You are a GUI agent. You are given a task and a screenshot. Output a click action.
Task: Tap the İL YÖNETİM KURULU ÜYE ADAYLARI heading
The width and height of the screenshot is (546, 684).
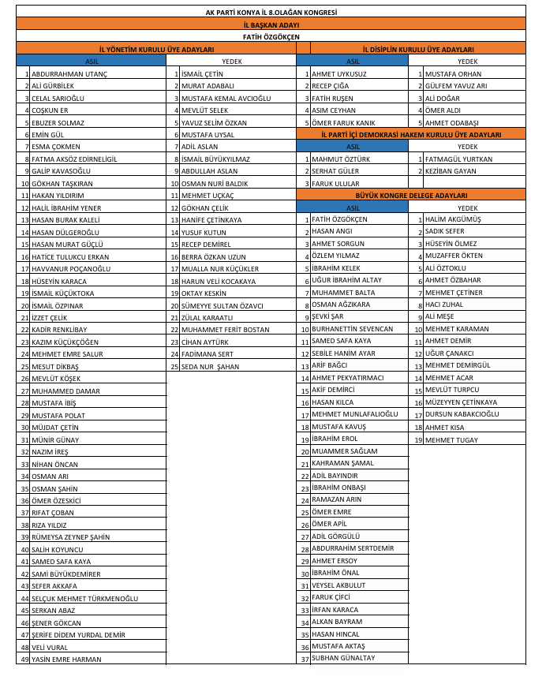pos(151,49)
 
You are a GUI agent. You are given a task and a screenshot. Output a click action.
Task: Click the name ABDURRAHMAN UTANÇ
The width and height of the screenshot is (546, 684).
pos(69,73)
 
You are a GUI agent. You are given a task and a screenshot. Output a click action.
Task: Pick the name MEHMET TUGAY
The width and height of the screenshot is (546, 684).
pos(451,439)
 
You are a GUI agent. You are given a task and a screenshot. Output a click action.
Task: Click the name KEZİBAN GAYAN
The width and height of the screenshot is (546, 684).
pos(451,171)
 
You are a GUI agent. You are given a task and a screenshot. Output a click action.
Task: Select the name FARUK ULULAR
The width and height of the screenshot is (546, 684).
pos(335,183)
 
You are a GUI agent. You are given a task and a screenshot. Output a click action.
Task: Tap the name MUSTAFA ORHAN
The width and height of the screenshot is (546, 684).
pos(453,73)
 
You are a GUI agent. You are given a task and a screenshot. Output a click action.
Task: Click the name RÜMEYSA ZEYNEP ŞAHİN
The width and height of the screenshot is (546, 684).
pos(70,537)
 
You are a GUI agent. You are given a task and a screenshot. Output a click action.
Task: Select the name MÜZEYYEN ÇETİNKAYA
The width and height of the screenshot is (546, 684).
pos(461,402)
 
